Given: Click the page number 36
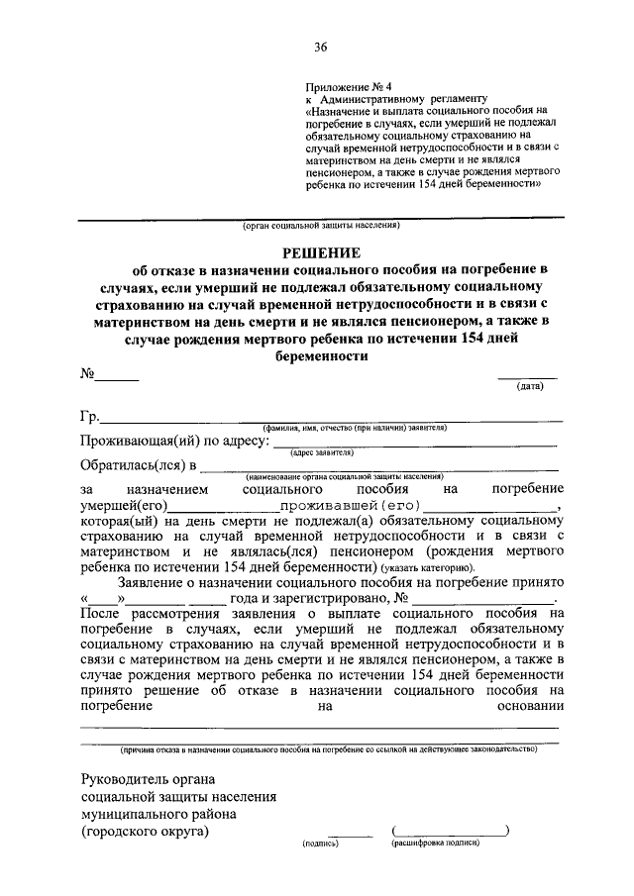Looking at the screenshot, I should click(320, 47).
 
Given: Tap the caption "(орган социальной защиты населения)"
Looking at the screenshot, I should click(322, 225).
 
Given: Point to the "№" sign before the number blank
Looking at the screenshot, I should click(87, 375).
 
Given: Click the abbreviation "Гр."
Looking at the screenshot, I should click(90, 416).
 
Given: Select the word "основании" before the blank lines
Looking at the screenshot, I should click(525, 706).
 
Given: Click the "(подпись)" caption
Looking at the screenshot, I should click(321, 844).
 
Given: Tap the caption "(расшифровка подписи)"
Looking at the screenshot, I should click(436, 844).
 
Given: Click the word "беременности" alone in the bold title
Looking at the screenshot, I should click(320, 361).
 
